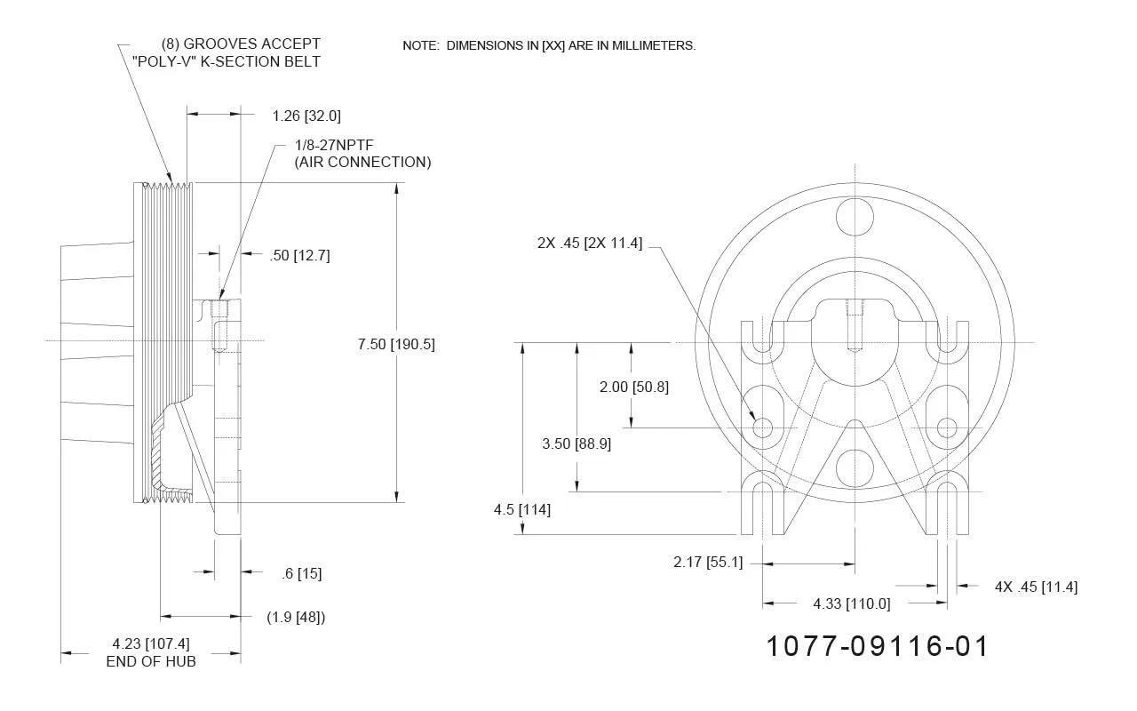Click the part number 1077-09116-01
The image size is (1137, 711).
(x=877, y=646)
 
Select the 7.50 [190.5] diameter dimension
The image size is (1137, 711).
(x=396, y=344)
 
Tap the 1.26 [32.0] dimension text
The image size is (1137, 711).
(x=306, y=116)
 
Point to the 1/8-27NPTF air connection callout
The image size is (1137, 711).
(x=362, y=154)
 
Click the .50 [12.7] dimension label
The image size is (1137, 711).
(x=299, y=255)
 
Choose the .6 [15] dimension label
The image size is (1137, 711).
(x=301, y=573)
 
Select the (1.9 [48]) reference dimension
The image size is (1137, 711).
(x=296, y=617)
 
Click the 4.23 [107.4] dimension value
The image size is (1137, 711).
(x=151, y=643)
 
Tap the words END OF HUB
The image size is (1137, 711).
(x=151, y=661)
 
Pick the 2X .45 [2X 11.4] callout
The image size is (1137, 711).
(x=590, y=243)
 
